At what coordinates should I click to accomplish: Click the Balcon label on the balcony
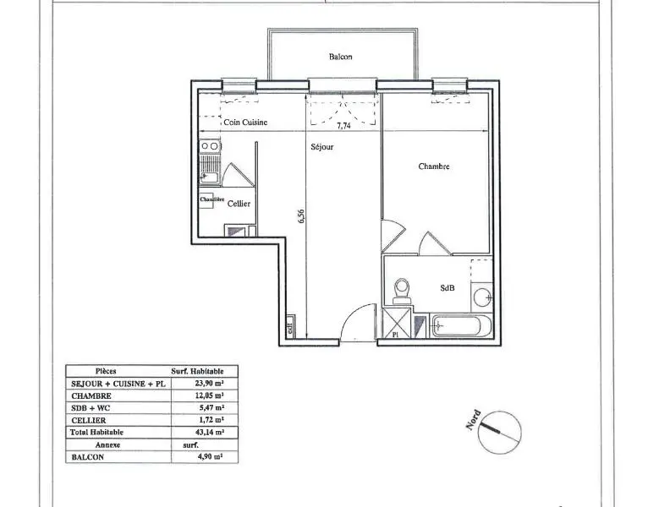click(340, 57)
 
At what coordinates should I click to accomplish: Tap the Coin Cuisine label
click(245, 123)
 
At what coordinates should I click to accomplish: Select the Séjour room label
click(321, 146)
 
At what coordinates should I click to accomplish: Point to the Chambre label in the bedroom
click(434, 166)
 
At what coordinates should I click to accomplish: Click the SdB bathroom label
click(448, 287)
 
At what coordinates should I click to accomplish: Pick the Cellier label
click(239, 203)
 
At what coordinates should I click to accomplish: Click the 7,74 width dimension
click(344, 126)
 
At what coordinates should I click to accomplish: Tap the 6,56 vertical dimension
click(301, 216)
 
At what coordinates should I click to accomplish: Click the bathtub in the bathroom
click(458, 324)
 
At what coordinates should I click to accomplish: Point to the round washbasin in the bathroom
click(481, 297)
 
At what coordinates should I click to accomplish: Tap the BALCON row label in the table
click(88, 456)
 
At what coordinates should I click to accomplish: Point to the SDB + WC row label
click(92, 407)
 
